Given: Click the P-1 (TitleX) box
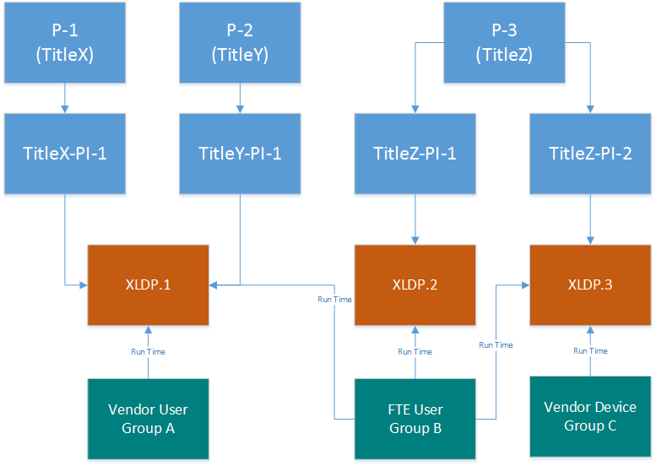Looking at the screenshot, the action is [65, 43].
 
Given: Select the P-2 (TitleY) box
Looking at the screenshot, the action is [240, 43].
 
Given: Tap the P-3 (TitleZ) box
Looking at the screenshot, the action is [504, 43].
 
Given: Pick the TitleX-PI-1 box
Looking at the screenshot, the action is [65, 154].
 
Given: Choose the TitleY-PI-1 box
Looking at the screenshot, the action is [240, 154].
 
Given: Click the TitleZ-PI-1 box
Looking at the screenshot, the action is [415, 154].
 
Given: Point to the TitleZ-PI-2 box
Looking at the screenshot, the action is [590, 154].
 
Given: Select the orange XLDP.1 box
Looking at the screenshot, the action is [148, 284].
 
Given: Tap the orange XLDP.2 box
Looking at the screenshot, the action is [415, 284].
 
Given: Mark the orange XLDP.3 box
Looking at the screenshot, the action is [590, 284].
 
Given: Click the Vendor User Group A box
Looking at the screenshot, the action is [148, 419].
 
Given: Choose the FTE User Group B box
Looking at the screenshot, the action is [415, 419].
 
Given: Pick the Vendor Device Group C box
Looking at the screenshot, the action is [590, 416].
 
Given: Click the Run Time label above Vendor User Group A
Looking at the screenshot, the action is [148, 352].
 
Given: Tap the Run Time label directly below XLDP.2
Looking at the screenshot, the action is [415, 352].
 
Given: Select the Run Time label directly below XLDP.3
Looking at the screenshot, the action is [590, 351].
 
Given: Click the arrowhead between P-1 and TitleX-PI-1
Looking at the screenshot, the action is [65, 109].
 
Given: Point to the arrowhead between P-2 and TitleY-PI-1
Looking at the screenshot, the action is [240, 109].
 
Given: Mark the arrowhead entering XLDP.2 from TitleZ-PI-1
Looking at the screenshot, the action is [415, 241].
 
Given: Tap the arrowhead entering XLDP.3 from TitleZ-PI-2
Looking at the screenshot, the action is [590, 241].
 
